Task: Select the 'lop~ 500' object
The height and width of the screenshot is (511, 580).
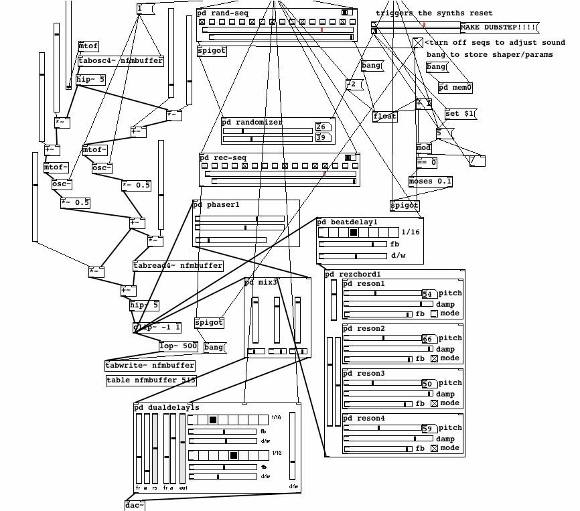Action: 179,346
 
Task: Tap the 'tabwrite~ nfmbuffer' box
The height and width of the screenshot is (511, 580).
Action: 150,366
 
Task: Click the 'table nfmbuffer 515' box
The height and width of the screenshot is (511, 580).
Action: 151,380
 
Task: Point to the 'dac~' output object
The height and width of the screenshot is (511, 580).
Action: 135,505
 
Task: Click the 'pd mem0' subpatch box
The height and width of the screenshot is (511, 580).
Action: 455,87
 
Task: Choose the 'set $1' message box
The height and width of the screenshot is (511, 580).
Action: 460,114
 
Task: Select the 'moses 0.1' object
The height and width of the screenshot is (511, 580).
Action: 431,181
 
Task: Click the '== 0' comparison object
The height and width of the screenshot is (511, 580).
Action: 427,162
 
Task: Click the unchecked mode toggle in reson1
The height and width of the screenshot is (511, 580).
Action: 434,313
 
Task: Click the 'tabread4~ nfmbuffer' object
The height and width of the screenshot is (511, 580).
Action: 177,266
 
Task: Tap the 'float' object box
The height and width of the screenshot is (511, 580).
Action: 385,117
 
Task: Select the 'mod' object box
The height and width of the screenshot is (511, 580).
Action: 424,148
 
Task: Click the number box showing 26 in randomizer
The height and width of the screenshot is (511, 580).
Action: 321,127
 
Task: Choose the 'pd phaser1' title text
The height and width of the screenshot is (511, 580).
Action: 216,204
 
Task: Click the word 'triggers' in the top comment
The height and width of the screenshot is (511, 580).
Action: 395,13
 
